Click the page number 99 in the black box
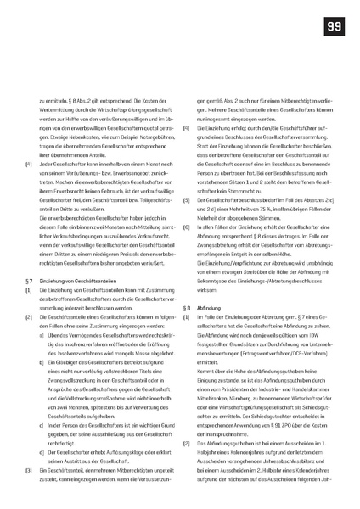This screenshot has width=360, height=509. [334, 27]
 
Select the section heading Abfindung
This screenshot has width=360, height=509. [211, 307]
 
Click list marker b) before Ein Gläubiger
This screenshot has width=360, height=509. [42, 361]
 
